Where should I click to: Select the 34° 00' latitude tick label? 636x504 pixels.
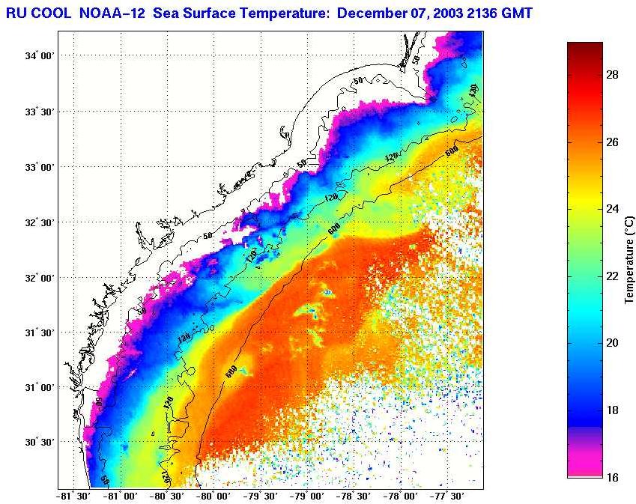(38, 56)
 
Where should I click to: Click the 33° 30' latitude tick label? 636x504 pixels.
(38, 112)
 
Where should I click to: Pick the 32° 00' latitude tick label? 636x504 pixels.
(38, 278)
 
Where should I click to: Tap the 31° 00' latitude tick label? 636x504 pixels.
(38, 388)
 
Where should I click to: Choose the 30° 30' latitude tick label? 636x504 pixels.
(38, 443)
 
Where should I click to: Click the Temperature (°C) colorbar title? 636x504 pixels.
(630, 259)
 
